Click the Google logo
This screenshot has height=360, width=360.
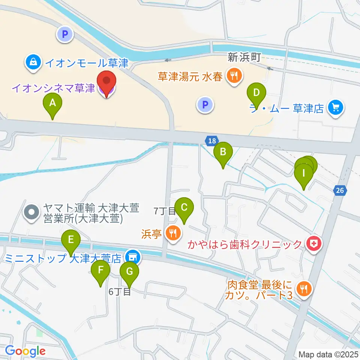coord(25,351)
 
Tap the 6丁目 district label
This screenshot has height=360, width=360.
coord(120,291)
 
